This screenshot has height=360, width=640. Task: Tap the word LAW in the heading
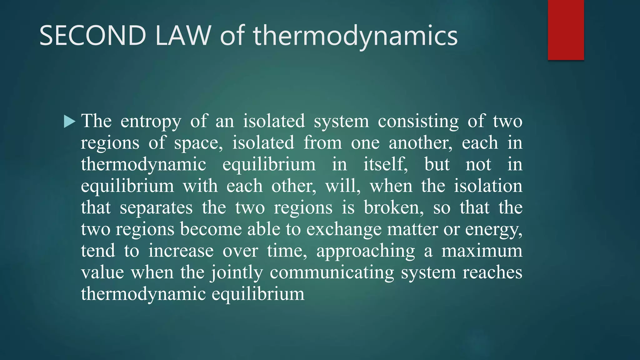click(x=183, y=36)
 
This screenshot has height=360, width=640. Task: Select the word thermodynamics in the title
click(x=355, y=36)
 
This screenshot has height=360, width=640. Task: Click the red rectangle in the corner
click(x=566, y=30)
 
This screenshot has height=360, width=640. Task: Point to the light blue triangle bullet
click(x=69, y=122)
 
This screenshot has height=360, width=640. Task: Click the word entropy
click(x=151, y=122)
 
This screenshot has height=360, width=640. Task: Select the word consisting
click(x=418, y=122)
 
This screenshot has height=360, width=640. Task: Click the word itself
click(x=385, y=165)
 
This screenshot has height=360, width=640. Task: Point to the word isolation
click(x=488, y=186)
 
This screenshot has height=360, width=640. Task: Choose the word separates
click(x=156, y=208)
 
